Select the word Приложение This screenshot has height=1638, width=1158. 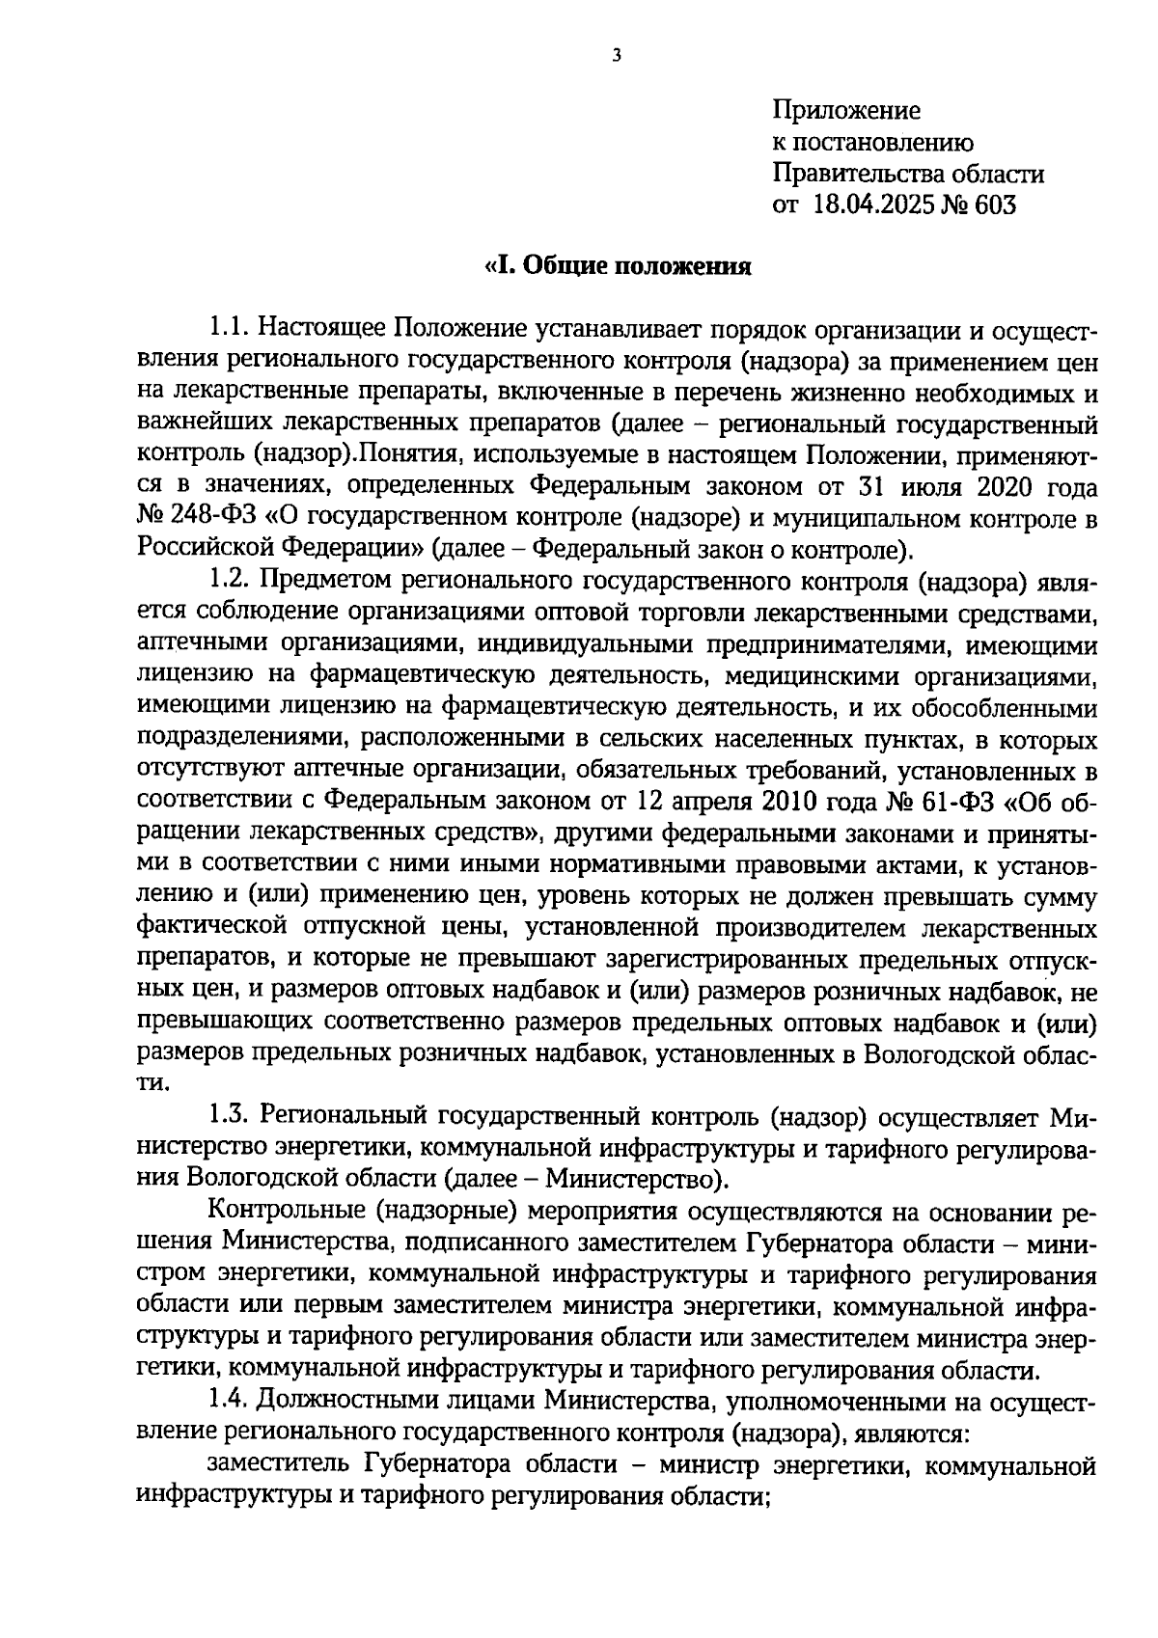846,111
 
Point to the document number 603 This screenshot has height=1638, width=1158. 994,205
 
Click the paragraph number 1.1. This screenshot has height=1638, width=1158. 230,330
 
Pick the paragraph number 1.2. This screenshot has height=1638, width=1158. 230,582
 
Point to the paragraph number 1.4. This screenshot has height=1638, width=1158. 230,1401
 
